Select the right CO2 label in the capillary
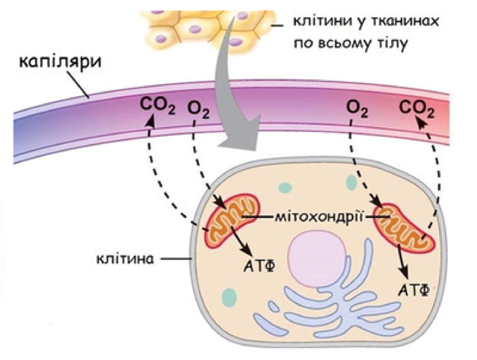(417, 108)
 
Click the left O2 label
(199, 110)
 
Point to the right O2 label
(356, 108)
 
